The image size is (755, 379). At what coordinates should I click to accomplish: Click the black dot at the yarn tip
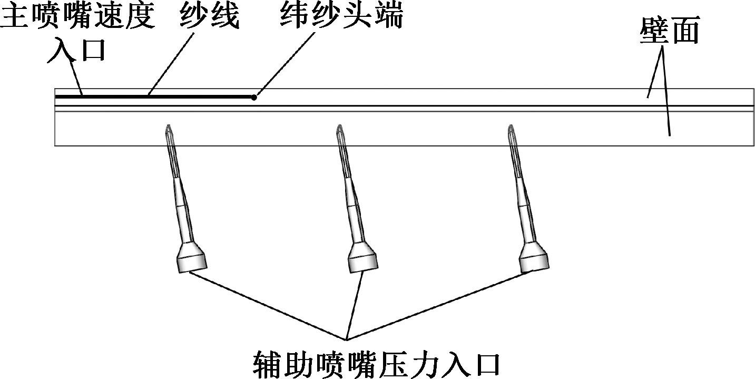[254, 97]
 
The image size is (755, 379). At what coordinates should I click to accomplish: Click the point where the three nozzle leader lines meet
[346, 338]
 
